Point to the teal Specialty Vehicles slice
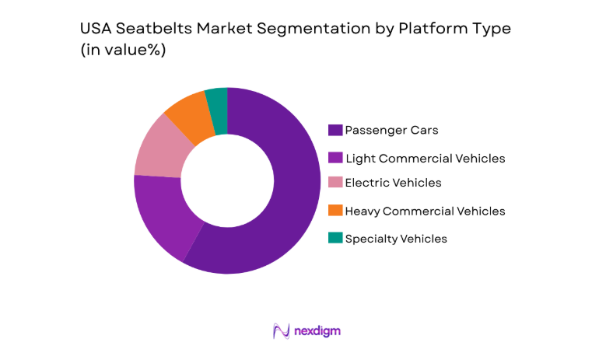pos(217,104)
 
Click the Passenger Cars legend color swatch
pos(336,130)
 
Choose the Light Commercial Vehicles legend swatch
pos(336,158)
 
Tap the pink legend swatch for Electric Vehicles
pos(336,183)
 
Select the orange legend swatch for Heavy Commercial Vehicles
pos(336,211)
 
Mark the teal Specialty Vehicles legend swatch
pos(336,238)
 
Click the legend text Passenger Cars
pos(386,130)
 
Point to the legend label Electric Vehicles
pos(393,183)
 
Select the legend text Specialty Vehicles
pos(396,239)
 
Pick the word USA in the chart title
pos(94,30)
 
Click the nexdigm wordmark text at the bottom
pos(317,331)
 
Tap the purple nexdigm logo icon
pos(281,331)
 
